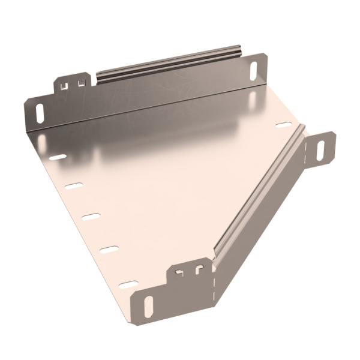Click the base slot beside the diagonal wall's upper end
click(x=283, y=125)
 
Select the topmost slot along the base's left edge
click(x=58, y=157)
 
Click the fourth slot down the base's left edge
click(x=109, y=248)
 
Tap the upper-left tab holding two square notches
click(x=73, y=84)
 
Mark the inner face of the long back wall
click(x=150, y=96)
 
